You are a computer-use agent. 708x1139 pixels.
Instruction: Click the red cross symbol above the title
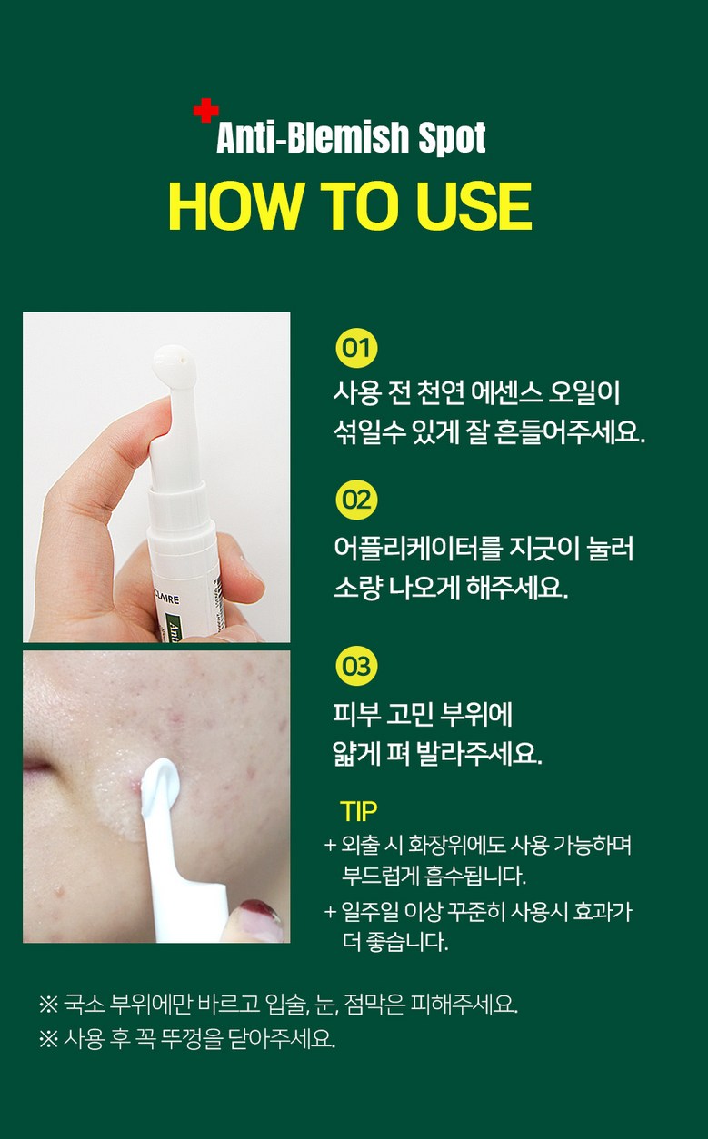pos(206,111)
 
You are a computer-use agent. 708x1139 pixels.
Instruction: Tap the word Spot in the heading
pos(452,138)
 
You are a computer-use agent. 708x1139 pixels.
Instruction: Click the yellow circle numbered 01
pos(356,348)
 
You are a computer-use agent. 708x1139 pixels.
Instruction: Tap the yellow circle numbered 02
pos(356,500)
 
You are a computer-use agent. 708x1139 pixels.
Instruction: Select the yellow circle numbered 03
pos(356,666)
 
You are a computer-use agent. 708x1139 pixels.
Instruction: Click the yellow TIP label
pos(359,811)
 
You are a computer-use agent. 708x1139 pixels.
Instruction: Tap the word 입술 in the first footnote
pos(288,1004)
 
